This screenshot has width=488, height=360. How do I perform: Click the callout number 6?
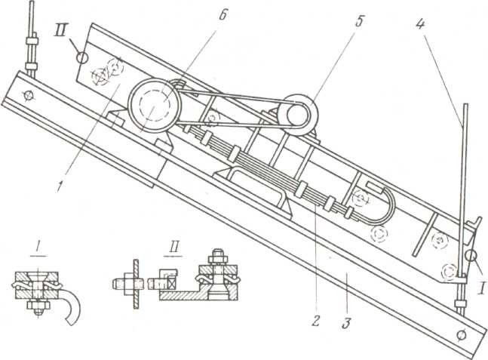[223, 15]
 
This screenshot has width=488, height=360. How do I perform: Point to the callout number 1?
[58, 186]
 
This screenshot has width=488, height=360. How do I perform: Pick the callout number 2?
[315, 321]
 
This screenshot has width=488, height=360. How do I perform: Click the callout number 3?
[346, 322]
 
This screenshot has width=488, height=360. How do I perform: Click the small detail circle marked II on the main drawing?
[82, 57]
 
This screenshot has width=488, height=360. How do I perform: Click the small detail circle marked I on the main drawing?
[471, 256]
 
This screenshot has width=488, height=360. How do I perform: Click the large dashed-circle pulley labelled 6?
[155, 105]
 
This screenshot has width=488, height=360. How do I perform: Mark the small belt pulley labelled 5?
[297, 115]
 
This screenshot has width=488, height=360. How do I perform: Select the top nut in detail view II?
[216, 259]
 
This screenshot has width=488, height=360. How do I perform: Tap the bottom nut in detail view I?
[38, 305]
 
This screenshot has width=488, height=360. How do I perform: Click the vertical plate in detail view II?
[136, 284]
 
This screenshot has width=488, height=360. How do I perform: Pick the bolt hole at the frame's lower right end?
[462, 335]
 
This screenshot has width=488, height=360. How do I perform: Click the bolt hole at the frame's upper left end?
[29, 94]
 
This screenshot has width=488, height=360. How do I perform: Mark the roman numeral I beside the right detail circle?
[481, 288]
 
